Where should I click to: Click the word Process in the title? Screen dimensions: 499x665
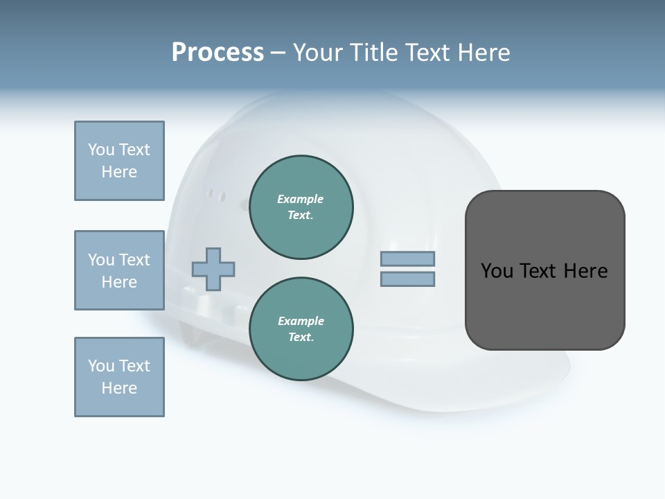pos(218,53)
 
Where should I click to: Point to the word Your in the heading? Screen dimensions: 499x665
pos(320,53)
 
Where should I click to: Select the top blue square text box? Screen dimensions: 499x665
pos(119,161)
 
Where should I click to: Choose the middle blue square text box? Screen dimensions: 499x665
pos(119,270)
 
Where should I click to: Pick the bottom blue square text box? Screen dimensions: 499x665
pos(119,377)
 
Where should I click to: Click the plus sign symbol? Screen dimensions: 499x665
pos(213,269)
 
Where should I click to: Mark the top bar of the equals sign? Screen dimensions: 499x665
pos(407,259)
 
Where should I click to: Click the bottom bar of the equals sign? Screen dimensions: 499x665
pos(407,279)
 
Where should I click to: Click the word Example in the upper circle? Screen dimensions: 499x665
pos(301,199)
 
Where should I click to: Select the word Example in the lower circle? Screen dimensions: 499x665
pos(301,321)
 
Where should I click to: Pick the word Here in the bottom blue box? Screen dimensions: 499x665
pos(119,388)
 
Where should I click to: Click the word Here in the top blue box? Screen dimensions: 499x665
pos(119,172)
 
